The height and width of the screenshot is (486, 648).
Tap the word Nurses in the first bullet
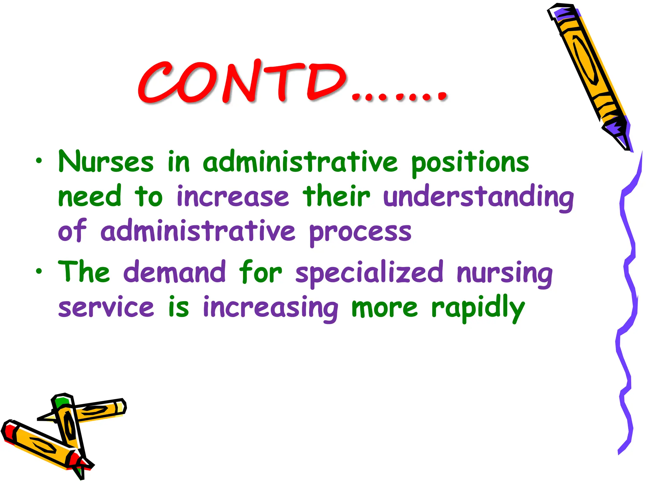click(106, 162)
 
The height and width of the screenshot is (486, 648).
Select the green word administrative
click(300, 162)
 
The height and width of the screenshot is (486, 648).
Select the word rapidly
click(478, 308)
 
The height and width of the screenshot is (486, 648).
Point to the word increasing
click(271, 308)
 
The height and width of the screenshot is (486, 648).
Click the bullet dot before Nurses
click(39, 161)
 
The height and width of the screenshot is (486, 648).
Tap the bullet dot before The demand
click(39, 271)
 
